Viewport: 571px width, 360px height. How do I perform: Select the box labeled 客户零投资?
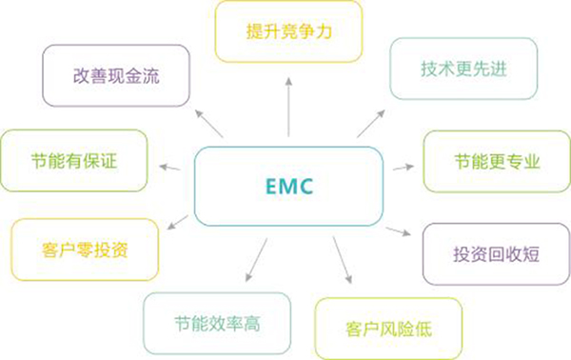tap(85, 250)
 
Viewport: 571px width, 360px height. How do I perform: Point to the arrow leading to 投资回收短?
tap(400, 232)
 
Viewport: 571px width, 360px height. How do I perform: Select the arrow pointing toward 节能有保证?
tap(170, 170)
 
